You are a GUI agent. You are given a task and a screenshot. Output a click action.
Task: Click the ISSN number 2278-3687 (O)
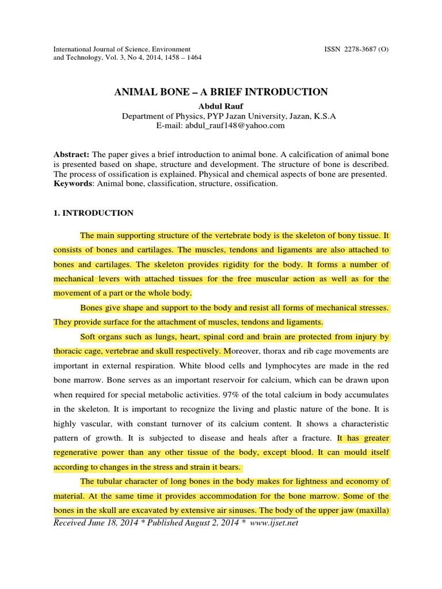(x=357, y=48)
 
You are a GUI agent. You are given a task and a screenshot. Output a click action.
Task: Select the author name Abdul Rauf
(x=221, y=105)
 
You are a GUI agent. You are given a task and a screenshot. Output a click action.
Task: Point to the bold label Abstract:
(x=71, y=155)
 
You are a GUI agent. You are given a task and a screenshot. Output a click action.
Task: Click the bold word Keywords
(x=73, y=183)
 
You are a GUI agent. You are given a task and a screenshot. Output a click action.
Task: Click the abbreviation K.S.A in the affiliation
(x=323, y=116)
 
